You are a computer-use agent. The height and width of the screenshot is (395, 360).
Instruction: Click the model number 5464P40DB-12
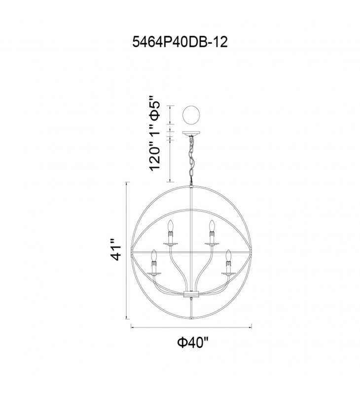click(180, 41)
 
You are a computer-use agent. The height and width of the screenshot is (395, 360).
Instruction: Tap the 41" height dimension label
click(117, 250)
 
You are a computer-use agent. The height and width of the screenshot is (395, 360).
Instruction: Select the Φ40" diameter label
click(193, 342)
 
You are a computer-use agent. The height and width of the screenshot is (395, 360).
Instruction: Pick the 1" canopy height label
click(155, 130)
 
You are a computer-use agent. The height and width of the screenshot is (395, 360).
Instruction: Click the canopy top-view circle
click(191, 115)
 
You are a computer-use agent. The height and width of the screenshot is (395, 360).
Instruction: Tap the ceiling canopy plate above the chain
click(191, 133)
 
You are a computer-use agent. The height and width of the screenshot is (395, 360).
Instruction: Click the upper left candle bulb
click(171, 226)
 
